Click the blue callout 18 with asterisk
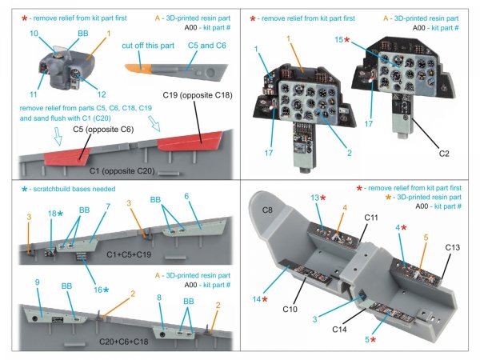tap(53, 214)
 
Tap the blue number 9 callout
tap(37, 282)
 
